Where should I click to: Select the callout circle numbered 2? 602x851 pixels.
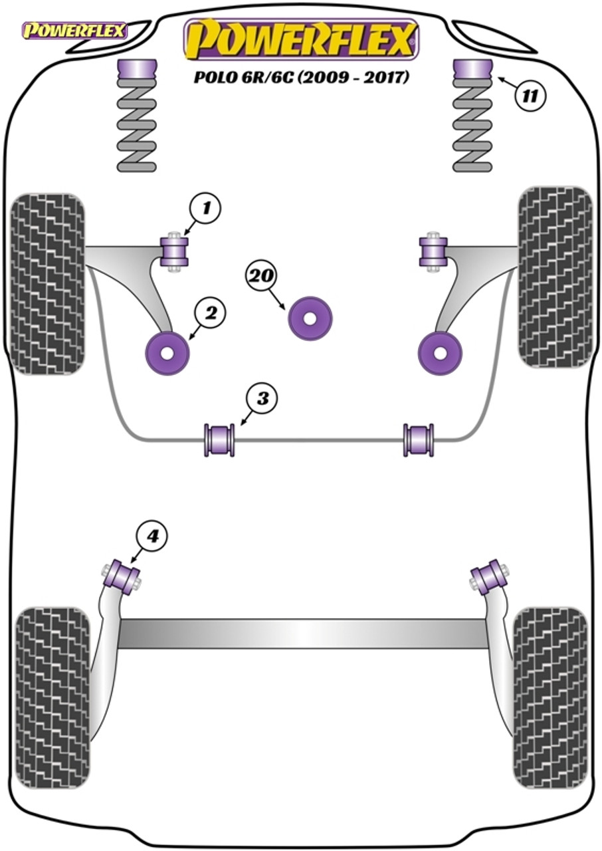(211, 313)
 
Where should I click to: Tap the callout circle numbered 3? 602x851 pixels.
(263, 400)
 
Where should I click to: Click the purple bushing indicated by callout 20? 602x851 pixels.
(310, 318)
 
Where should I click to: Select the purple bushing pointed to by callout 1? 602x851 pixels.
(175, 250)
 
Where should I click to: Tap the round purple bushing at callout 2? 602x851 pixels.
(167, 352)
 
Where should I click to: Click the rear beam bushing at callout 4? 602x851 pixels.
(124, 576)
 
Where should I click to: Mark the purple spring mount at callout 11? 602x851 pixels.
(472, 69)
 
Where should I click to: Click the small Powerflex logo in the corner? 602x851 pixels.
(74, 30)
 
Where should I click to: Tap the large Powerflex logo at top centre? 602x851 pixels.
(300, 40)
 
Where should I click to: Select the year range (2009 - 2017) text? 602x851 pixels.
(351, 77)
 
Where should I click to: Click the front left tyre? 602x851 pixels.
(49, 285)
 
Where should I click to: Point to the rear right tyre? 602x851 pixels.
(551, 696)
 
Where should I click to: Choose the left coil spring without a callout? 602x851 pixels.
(136, 126)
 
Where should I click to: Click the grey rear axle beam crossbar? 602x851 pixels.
(302, 634)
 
